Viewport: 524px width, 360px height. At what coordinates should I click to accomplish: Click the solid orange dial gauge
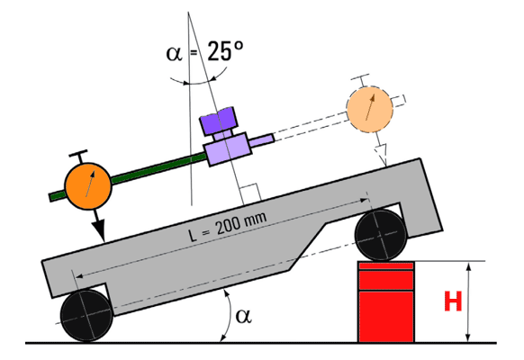[x=88, y=186]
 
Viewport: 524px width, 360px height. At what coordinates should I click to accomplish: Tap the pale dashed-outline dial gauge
[x=370, y=109]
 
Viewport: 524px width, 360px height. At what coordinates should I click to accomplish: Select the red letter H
[x=453, y=301]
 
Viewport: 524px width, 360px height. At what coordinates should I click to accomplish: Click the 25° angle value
[x=225, y=51]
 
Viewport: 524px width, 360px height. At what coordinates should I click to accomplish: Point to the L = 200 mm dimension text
[x=228, y=227]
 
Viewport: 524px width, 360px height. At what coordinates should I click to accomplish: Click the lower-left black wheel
[x=86, y=316]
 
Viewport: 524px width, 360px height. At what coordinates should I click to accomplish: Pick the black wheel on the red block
[x=381, y=235]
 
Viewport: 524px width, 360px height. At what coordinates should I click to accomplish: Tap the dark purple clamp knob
[x=219, y=121]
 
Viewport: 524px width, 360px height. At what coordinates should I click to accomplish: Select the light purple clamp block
[x=228, y=148]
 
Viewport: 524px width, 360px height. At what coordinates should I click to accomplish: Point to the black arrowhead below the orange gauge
[x=99, y=231]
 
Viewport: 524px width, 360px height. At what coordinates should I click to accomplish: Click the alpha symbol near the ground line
[x=243, y=316]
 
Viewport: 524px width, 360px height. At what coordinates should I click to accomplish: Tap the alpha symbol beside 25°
[x=175, y=53]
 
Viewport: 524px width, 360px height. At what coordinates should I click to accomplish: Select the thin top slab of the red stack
[x=386, y=265]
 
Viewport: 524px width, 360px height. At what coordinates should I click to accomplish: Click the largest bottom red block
[x=386, y=316]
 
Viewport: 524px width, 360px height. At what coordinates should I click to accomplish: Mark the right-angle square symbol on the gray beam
[x=250, y=193]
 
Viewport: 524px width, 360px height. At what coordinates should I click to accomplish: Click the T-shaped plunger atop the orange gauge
[x=79, y=157]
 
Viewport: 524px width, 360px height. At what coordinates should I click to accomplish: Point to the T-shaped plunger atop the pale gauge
[x=360, y=80]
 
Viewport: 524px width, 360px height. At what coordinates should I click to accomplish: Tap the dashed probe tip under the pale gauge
[x=382, y=154]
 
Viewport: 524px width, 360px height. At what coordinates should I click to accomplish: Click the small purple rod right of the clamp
[x=262, y=140]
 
